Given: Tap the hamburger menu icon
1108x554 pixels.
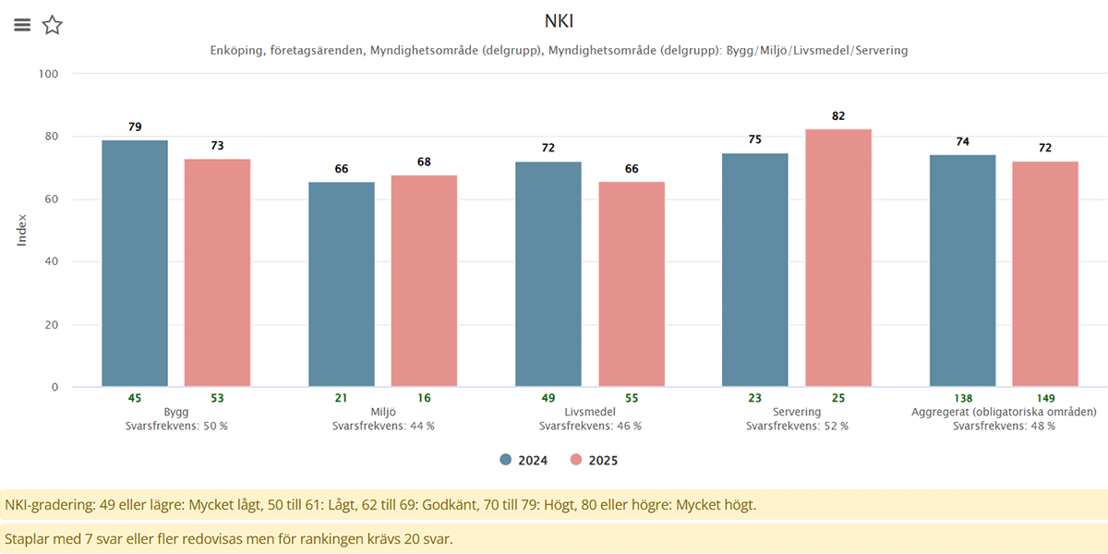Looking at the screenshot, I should coord(22,25).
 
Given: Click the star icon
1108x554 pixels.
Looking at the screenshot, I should coord(53,25).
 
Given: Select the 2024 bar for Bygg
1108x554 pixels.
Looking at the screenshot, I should coord(135,263).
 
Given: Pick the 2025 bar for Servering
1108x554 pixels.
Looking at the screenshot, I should coord(838,258).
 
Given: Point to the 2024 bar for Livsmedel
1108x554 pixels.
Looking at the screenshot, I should coord(548,273).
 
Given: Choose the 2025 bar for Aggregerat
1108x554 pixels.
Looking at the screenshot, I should coord(1045,273).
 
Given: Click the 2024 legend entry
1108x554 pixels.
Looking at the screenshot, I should coord(524,460).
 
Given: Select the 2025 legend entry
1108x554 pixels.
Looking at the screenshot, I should coord(593,460).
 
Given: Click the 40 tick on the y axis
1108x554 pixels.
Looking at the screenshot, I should coord(51,262).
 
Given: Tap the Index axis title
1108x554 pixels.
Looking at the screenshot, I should coord(22,230).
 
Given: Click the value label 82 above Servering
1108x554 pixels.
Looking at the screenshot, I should coord(838,116).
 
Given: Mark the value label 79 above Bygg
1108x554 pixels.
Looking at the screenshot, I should coord(135,126).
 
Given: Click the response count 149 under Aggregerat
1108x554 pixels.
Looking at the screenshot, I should coord(1045,398).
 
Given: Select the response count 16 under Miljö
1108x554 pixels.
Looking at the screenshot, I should coord(424,398).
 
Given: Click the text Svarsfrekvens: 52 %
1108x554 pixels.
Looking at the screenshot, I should coord(797,426).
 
